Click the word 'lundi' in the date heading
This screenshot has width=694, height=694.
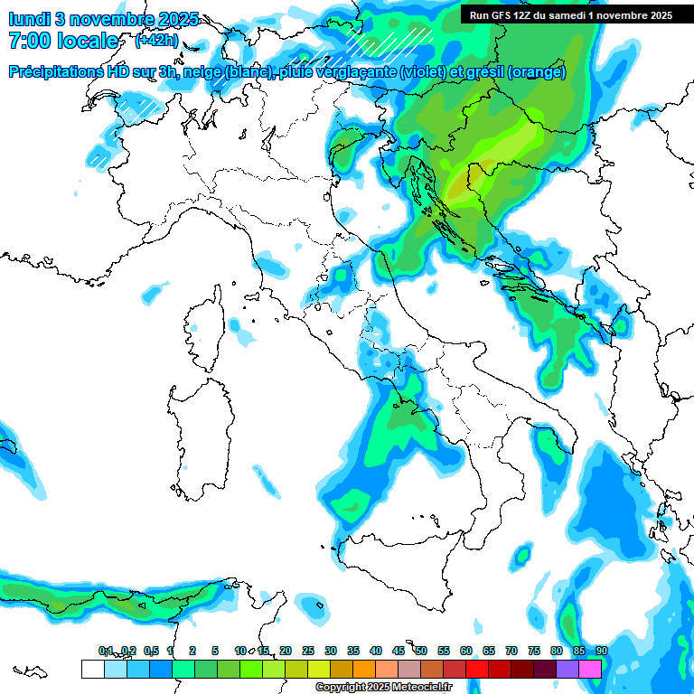pos(29,18)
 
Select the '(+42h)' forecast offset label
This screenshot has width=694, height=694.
pos(156,41)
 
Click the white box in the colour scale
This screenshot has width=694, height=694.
pos(92,669)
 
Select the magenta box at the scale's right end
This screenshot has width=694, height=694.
pos(590,669)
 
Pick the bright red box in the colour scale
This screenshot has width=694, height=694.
pos(477,669)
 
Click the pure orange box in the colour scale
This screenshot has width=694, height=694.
pos(364,669)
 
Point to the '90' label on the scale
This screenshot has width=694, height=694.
pos(602,651)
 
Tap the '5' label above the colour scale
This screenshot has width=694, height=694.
pos(216,651)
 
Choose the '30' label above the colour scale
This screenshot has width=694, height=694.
pos(331,651)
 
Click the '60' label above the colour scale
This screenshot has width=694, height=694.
pos(466,651)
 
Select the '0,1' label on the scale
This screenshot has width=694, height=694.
pos(105,651)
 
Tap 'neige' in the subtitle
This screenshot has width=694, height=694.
pos(203,72)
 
